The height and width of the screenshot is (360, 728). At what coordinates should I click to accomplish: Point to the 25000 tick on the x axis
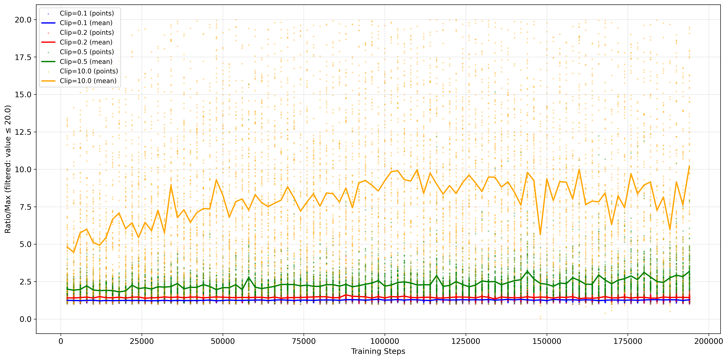point(142,341)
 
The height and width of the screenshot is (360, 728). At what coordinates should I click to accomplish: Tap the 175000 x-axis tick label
point(628,341)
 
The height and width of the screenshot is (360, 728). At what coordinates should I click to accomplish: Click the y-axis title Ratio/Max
point(8,169)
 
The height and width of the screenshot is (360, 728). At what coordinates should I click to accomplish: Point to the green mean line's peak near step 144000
point(527,271)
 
